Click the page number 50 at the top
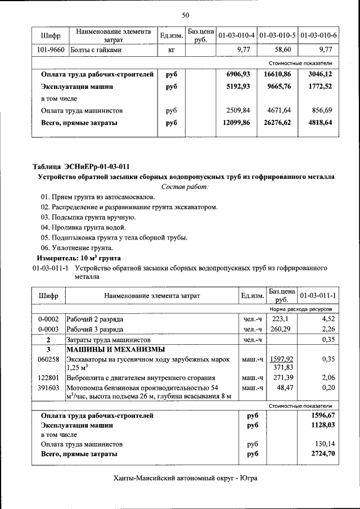click(x=185, y=14)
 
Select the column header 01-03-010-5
click(x=278, y=36)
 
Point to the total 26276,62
click(x=277, y=122)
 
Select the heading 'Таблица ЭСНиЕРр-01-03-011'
click(x=82, y=166)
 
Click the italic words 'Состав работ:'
click(x=184, y=186)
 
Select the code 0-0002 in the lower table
click(x=48, y=319)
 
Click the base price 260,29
click(x=283, y=329)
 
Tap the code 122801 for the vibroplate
click(x=48, y=378)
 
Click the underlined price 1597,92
click(x=282, y=359)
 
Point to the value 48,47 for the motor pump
click(x=285, y=388)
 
